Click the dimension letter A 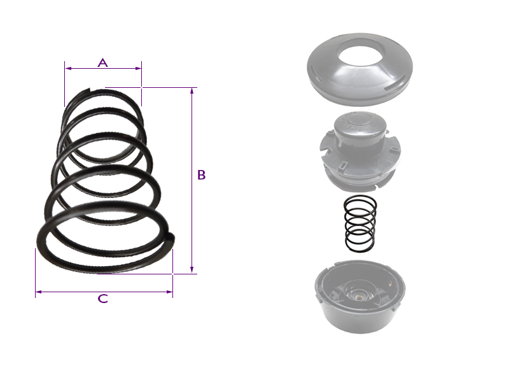click(x=102, y=62)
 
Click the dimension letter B click(x=201, y=174)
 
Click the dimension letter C click(x=103, y=299)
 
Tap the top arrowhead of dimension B click(x=192, y=90)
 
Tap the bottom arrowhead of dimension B click(x=192, y=270)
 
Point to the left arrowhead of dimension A click(x=68, y=68)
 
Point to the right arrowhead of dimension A click(x=138, y=68)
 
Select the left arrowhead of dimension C click(x=39, y=292)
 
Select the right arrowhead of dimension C click(x=169, y=292)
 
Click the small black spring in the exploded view click(x=360, y=223)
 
